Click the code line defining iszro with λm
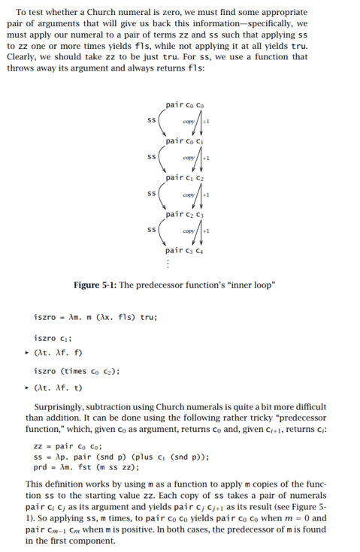click(x=95, y=316)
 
